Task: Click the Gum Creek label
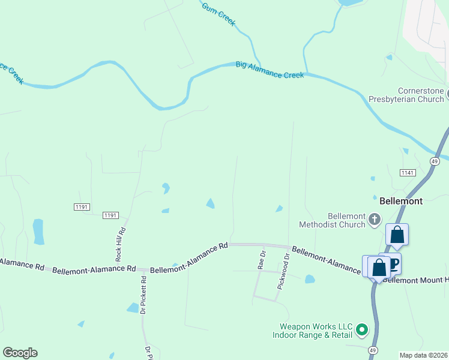(x=218, y=14)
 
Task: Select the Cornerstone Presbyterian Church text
(x=406, y=95)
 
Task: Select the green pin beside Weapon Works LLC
(x=361, y=329)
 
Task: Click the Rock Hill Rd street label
(x=120, y=244)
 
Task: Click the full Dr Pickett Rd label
(x=143, y=295)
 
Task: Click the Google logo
(x=20, y=353)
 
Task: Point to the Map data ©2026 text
(x=423, y=355)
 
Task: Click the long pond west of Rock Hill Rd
(x=38, y=232)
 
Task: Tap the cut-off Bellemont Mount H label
(x=415, y=280)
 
